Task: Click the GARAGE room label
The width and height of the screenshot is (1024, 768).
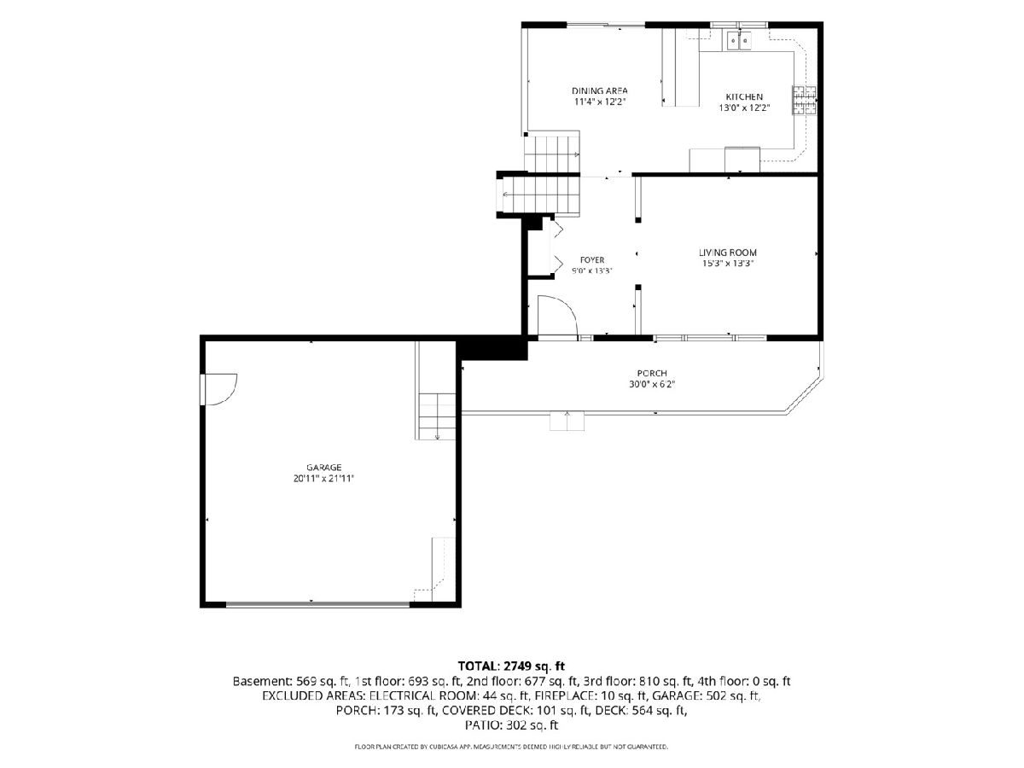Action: click(323, 468)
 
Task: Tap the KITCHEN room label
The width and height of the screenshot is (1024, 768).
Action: click(744, 97)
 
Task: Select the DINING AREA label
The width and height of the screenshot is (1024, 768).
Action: click(600, 91)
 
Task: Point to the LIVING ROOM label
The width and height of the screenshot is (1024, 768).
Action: click(728, 253)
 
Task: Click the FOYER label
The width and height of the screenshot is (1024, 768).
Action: click(592, 260)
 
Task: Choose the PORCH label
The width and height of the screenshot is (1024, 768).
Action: click(652, 373)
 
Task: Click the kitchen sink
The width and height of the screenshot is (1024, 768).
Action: click(738, 40)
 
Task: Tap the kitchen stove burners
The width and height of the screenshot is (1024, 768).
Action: click(804, 100)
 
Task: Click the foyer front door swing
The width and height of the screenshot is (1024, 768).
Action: click(558, 315)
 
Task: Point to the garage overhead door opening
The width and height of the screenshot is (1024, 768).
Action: click(317, 604)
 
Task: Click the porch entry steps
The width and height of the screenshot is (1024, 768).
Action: click(567, 421)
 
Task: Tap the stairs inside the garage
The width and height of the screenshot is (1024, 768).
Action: click(437, 416)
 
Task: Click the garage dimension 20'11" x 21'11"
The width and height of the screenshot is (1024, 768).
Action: click(323, 479)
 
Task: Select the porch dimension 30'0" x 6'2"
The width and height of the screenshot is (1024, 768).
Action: click(652, 384)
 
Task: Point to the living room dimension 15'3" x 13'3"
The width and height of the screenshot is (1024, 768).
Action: click(728, 264)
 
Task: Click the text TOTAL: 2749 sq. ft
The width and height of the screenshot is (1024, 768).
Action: click(511, 666)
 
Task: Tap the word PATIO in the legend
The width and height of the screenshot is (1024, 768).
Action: click(480, 725)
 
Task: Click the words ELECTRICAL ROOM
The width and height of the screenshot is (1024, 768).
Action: click(423, 695)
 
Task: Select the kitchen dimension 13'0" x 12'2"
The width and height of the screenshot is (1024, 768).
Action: click(744, 108)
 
